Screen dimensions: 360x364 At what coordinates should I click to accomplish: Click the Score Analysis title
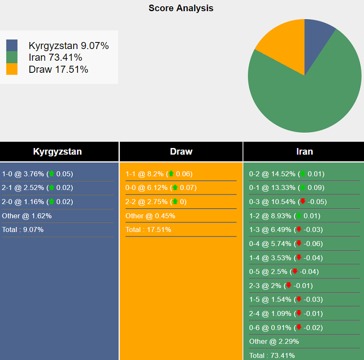click(181, 8)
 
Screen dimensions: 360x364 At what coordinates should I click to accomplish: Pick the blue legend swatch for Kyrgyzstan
click(12, 45)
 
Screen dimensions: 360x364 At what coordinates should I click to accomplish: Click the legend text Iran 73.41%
click(55, 57)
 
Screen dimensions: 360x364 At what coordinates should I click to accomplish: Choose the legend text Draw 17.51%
click(58, 70)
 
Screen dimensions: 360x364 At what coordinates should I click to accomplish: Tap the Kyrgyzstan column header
click(57, 152)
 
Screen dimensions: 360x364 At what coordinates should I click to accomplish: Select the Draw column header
click(181, 152)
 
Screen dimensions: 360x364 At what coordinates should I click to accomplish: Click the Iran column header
click(304, 152)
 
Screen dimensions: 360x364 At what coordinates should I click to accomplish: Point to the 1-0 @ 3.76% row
click(37, 174)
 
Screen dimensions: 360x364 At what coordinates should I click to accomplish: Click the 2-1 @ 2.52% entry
click(37, 188)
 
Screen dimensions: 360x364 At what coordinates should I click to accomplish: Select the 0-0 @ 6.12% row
click(161, 188)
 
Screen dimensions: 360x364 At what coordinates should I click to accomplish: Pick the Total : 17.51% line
click(148, 230)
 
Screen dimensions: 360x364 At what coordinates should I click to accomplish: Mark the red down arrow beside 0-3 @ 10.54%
click(302, 202)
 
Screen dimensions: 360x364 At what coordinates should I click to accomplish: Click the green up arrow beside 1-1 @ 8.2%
click(171, 174)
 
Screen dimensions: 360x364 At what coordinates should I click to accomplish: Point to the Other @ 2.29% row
click(274, 341)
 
